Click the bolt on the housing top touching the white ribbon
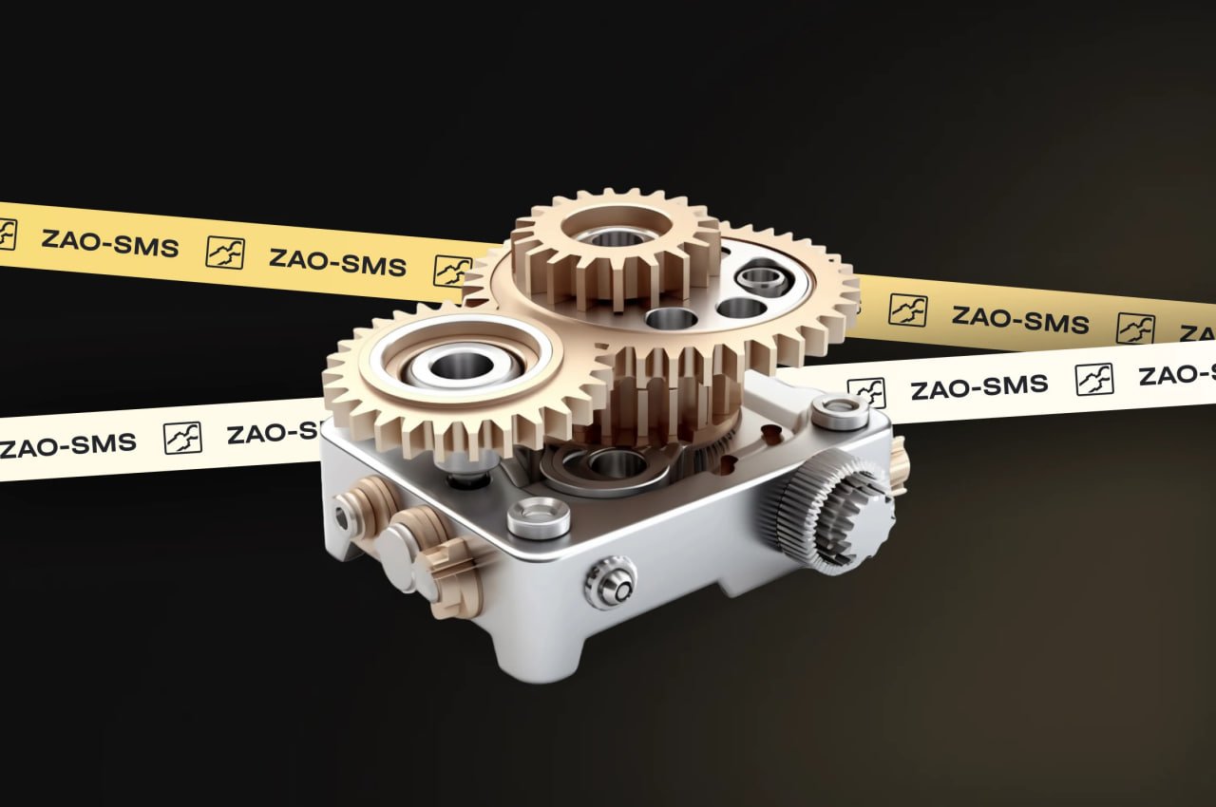click(840, 411)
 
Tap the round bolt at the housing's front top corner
click(538, 517)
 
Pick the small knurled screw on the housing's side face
click(610, 582)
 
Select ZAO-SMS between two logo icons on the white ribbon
click(979, 386)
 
